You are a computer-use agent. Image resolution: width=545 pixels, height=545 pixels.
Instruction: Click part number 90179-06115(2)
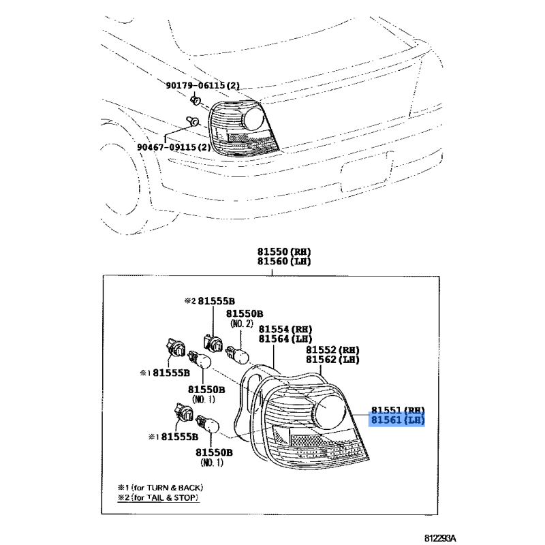202,85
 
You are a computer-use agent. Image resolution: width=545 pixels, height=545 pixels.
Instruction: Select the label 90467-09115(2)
174,147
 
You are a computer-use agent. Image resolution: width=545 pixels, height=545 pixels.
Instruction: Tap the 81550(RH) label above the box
284,251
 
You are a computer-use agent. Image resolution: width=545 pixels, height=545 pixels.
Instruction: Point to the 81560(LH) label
284,262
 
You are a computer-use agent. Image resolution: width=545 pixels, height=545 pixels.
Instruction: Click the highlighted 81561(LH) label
398,420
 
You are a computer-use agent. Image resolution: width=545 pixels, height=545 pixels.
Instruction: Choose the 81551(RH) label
398,411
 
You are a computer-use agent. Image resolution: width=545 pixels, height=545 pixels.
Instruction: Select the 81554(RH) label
285,329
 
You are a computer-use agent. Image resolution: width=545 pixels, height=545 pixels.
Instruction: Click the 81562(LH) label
332,360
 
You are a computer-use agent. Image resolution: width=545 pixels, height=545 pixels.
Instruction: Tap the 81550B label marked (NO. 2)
245,318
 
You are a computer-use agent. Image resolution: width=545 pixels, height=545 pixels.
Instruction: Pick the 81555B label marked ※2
210,301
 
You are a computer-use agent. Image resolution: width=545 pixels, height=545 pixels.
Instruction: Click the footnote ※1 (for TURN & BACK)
161,488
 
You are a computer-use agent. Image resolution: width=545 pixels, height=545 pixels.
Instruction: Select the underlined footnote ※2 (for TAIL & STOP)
159,498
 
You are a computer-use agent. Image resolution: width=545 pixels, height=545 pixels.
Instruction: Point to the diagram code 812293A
439,538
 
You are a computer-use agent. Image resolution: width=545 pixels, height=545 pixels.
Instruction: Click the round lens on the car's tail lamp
255,119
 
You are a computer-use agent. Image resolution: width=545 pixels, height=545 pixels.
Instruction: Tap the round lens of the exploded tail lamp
330,412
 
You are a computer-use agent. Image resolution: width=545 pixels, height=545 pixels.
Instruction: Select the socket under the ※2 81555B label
213,343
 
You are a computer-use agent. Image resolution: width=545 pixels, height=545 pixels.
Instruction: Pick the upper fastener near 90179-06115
196,100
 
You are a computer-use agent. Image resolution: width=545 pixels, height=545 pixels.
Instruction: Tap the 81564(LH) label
285,339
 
